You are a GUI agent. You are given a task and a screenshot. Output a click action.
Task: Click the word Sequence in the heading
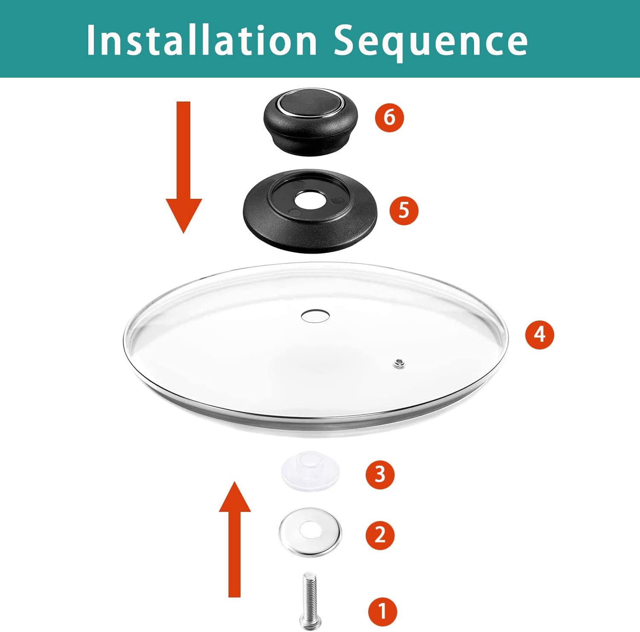pos(431,43)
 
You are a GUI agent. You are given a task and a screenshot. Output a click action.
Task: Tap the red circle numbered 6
pos(389,117)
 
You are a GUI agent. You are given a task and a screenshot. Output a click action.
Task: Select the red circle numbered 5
pos(404,210)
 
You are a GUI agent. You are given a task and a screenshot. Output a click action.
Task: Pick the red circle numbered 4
pos(540,334)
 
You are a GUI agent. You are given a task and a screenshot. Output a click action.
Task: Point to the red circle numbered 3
pos(380,474)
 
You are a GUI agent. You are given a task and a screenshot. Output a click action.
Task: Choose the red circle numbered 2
pos(380,535)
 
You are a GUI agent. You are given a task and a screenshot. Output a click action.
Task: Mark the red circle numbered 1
pos(383,611)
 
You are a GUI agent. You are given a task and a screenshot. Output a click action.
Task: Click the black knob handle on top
pos(310,122)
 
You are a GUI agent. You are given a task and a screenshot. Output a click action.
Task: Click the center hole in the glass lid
pos(315,316)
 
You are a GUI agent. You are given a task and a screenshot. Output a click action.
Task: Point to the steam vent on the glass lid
pos(399,364)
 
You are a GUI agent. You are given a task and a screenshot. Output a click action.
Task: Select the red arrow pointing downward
pos(183,167)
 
